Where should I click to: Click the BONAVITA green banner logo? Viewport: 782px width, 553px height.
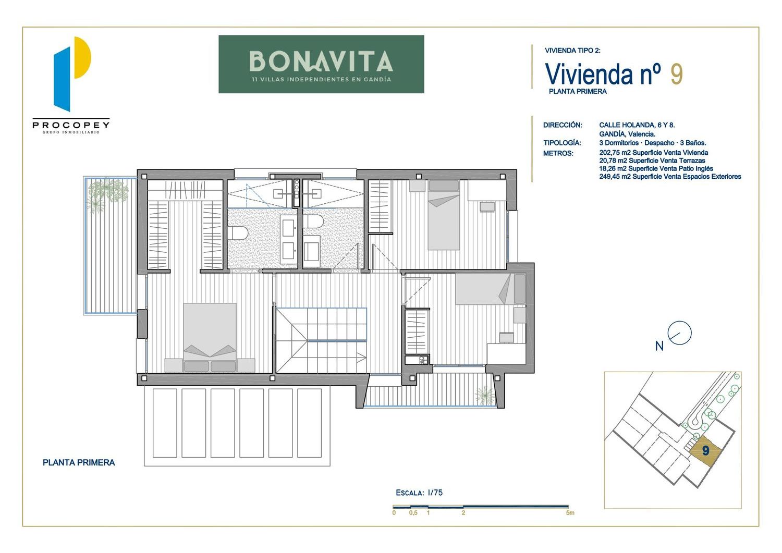[x=321, y=64]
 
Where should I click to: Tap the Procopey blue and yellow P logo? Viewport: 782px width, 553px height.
[x=72, y=74]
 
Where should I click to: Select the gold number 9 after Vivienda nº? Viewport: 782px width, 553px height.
[x=677, y=74]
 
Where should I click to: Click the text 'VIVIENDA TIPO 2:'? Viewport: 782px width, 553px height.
[x=572, y=51]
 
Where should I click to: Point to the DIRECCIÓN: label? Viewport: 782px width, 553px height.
[x=563, y=125]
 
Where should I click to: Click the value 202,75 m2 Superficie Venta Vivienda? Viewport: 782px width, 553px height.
[x=654, y=153]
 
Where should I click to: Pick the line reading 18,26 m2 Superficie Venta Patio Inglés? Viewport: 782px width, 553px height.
[x=656, y=169]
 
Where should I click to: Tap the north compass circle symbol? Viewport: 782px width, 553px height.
[x=679, y=333]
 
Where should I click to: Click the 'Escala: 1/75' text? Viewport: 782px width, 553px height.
[x=419, y=493]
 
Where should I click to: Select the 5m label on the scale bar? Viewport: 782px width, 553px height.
[x=570, y=513]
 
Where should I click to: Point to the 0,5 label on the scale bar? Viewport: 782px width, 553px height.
[x=413, y=513]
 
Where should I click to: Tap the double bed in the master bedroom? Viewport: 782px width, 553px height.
[x=210, y=337]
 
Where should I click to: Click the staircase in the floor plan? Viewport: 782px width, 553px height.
[x=321, y=340]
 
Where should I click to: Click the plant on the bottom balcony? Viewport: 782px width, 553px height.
[x=485, y=395]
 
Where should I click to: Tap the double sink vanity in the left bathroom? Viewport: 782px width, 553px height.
[x=289, y=237]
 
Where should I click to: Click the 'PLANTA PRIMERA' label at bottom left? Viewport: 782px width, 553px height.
[x=79, y=463]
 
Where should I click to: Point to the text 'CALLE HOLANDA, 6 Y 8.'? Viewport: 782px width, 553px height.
[x=637, y=125]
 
